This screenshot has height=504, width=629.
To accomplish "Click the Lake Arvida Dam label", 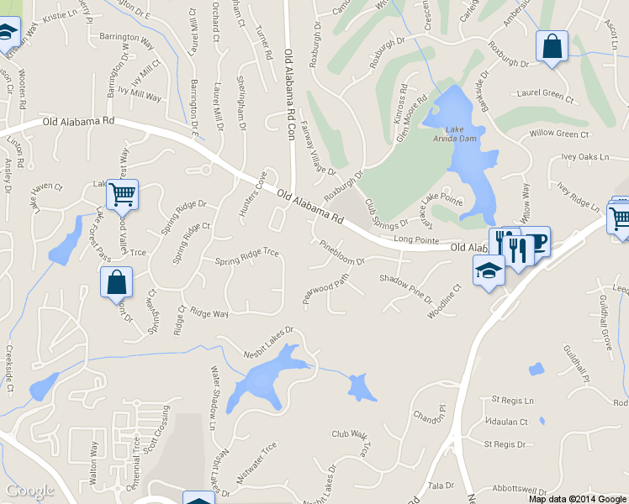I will pyautogui.click(x=459, y=134).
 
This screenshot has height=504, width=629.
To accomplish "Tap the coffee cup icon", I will pyautogui.click(x=536, y=241).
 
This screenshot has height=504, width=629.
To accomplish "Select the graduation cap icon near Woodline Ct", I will pyautogui.click(x=488, y=270).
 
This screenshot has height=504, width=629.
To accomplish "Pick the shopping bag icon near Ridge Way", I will pyautogui.click(x=117, y=282).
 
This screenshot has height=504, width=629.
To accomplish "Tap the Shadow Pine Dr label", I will pyautogui.click(x=405, y=290).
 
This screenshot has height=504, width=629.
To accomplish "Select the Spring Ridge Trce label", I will pyautogui.click(x=246, y=255).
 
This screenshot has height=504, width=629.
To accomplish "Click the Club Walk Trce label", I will pyautogui.click(x=356, y=439).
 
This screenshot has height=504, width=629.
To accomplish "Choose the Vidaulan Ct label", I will pyautogui.click(x=506, y=422).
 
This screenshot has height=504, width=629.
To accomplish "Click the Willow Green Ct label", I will pyautogui.click(x=559, y=134).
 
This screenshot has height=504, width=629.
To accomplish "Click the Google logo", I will pyautogui.click(x=29, y=491).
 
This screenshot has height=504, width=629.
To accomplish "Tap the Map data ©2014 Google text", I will pyautogui.click(x=578, y=499).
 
